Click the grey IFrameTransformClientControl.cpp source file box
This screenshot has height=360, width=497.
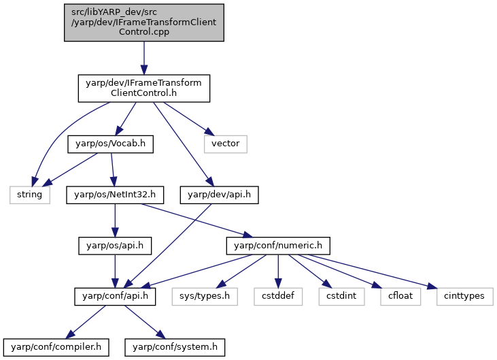[x=144, y=22]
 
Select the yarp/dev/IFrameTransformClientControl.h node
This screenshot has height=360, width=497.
[x=144, y=88]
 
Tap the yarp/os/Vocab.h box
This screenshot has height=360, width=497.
[x=110, y=144]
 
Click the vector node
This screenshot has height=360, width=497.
[x=225, y=144]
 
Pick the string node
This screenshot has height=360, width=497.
[x=29, y=195]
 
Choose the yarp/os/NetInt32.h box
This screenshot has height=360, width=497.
[x=115, y=195]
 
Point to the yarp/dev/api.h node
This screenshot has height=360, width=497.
[x=219, y=195]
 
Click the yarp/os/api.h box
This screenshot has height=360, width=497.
[x=115, y=246]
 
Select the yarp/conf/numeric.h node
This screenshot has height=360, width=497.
[x=278, y=246]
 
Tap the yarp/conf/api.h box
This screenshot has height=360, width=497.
[x=115, y=297]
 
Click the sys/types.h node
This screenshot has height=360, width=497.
[x=205, y=297]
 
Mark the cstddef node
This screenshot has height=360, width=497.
[x=278, y=297]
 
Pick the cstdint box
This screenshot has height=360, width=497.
[x=341, y=297]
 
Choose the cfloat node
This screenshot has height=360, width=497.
[x=400, y=297]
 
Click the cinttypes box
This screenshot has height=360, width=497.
[x=464, y=297]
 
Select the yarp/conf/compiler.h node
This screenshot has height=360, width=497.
[x=56, y=347]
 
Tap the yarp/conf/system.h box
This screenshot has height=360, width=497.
[x=175, y=347]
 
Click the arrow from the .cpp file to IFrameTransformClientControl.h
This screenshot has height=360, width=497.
[x=144, y=58]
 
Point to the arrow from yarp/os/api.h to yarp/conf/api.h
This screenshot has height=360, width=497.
[x=115, y=271]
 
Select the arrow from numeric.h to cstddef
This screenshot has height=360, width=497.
[x=278, y=271]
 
